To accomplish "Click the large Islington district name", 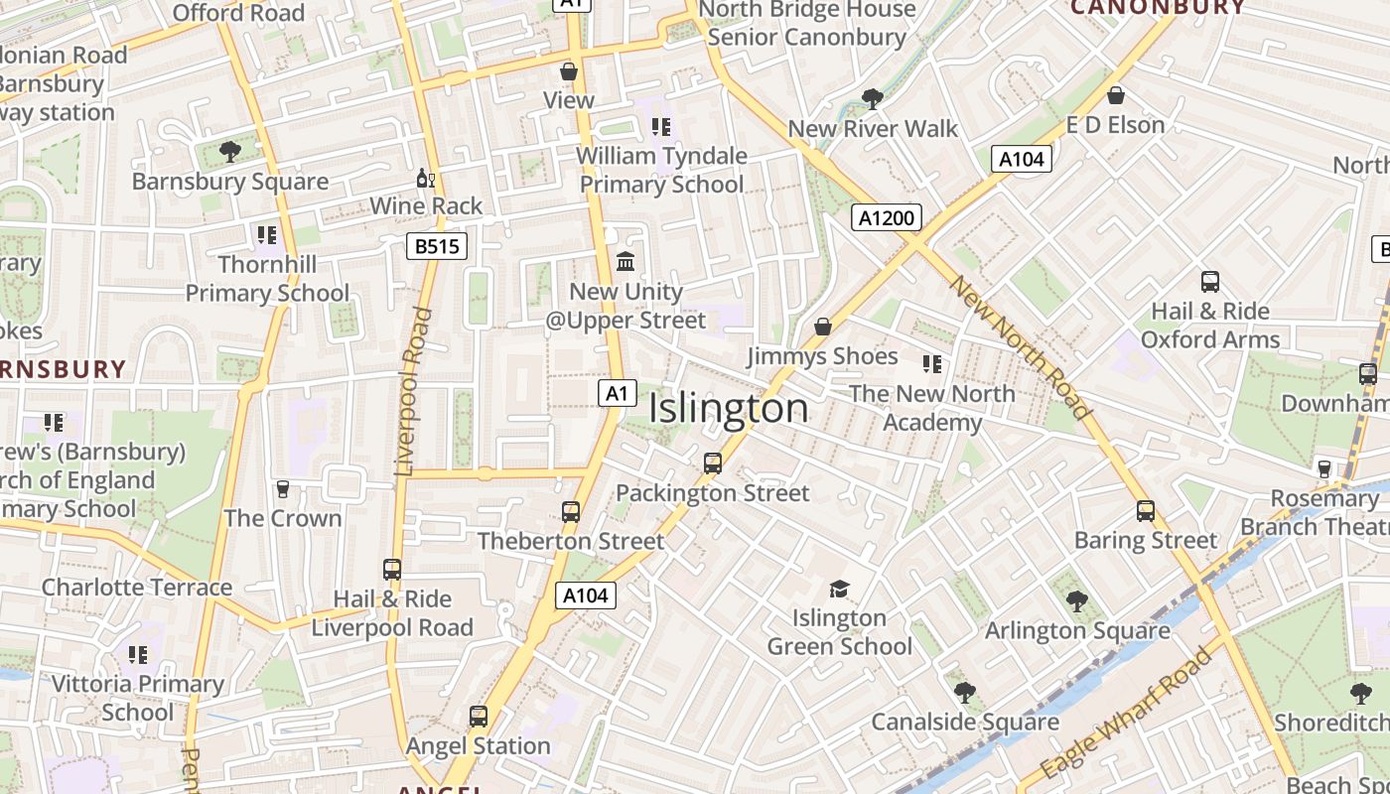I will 729,409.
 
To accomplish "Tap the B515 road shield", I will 436,246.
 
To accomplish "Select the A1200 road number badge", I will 887,217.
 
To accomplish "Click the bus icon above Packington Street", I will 712,463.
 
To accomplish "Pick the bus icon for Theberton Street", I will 570,512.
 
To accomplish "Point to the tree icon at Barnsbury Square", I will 229,152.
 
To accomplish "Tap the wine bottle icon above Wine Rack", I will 425,179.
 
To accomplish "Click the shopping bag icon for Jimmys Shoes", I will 822,327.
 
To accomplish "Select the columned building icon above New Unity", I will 625,262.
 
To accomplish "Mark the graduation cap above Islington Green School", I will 839,589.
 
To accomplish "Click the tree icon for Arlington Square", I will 1076,600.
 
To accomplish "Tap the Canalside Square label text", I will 964,722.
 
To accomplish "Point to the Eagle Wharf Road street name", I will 1129,712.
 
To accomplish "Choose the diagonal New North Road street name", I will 1021,346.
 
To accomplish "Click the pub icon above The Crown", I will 283,489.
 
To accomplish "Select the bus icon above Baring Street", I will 1145,511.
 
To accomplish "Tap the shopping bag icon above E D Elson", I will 1115,96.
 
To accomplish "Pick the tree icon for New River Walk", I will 873,98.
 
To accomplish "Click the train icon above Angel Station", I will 478,717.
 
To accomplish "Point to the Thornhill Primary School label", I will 267,279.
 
